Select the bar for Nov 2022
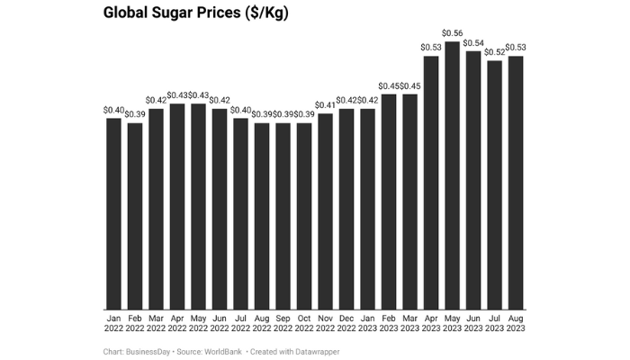click(325, 211)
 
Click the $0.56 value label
click(452, 33)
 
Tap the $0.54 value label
click(473, 42)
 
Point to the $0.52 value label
click(494, 52)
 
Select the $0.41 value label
click(325, 105)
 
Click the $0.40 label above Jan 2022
click(113, 110)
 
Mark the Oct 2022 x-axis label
click(304, 324)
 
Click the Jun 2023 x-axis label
click(473, 324)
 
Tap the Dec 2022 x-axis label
click(346, 324)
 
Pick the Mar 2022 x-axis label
click(156, 324)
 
